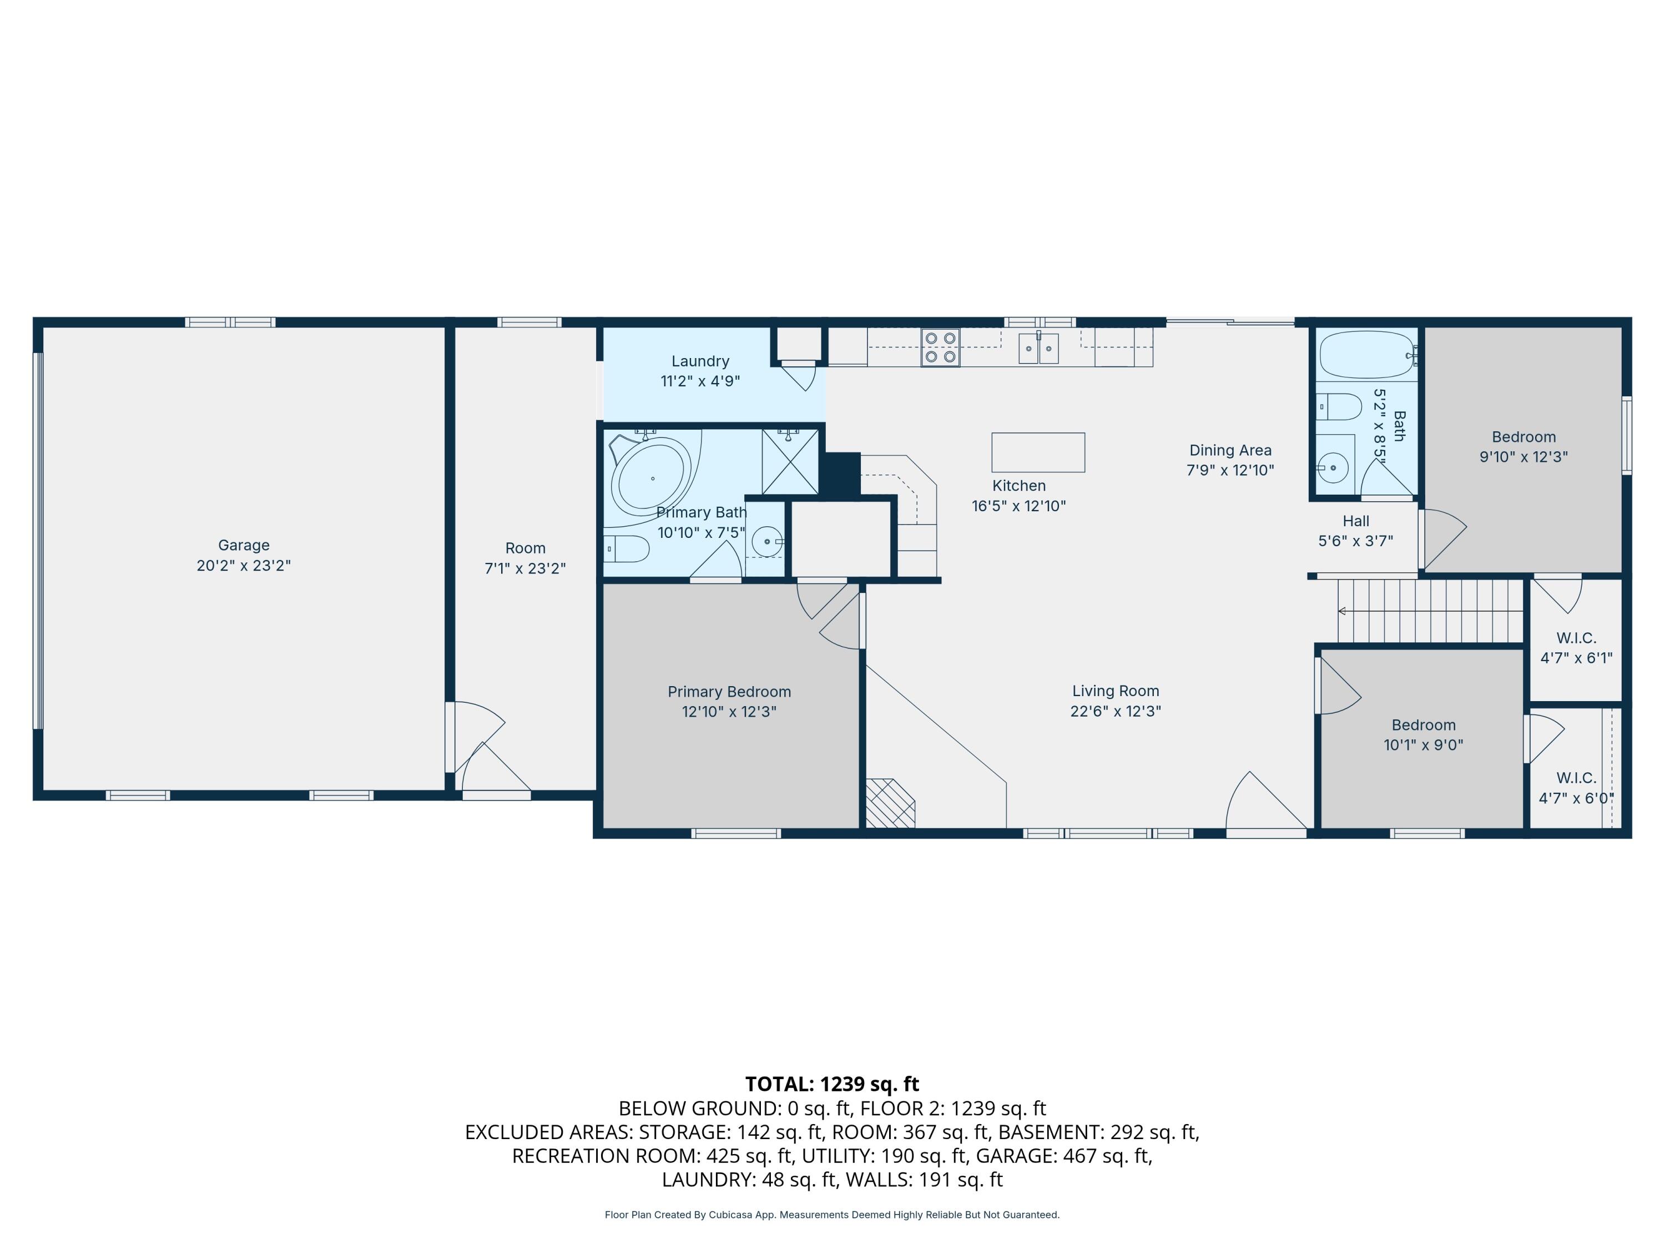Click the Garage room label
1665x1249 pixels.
point(243,545)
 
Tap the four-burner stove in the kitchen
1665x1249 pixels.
point(940,348)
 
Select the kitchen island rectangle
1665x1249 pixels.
point(1037,452)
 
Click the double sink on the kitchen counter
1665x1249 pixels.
point(1039,349)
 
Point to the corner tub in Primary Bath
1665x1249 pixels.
point(651,477)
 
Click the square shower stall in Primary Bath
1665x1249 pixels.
point(790,461)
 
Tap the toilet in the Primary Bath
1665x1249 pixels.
point(627,549)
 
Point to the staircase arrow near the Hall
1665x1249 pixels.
point(1342,611)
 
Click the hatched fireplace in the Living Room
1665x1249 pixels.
point(890,803)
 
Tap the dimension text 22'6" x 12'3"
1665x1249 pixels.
point(1116,712)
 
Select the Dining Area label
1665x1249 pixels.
point(1230,450)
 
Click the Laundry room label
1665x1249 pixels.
point(700,361)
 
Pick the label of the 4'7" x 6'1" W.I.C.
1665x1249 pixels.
point(1576,638)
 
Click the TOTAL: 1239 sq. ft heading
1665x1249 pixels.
point(832,1084)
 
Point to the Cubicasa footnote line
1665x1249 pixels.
point(832,1215)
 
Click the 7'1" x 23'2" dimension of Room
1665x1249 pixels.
point(524,568)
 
